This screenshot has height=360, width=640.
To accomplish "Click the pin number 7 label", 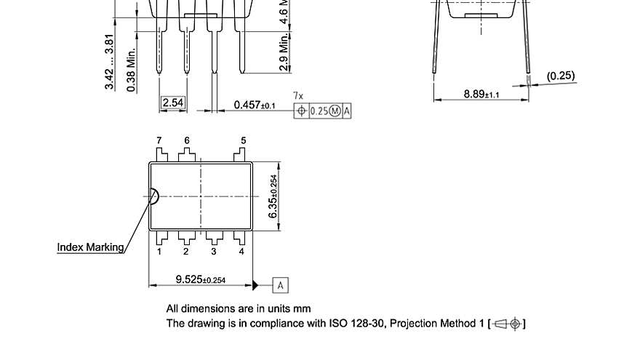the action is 159,140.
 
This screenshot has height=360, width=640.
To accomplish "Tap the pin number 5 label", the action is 243,140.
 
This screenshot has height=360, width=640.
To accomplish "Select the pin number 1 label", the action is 159,252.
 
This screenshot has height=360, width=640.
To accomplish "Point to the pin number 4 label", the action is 241,252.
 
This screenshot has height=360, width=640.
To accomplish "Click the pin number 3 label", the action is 214,252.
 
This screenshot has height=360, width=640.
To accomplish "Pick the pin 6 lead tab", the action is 186,155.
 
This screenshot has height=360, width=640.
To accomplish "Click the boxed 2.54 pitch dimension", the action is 173,103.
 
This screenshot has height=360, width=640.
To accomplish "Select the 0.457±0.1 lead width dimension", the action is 255,105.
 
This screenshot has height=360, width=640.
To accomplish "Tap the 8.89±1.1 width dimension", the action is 481,95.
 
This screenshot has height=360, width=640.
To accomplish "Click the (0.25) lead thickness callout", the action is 561,76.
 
